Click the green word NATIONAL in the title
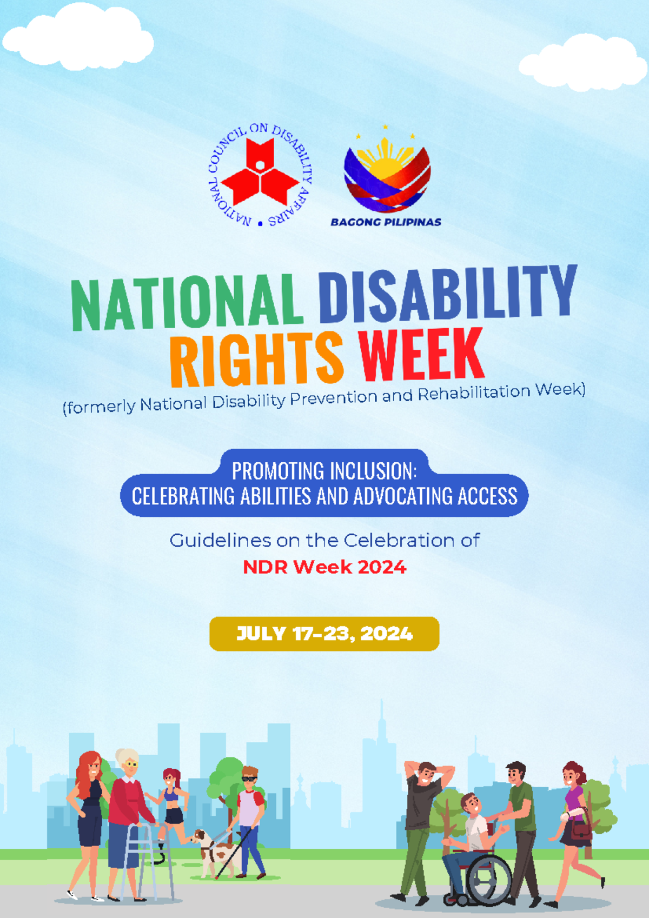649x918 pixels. (x=187, y=303)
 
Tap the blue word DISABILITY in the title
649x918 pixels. (x=446, y=295)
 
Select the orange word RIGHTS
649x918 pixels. (x=256, y=359)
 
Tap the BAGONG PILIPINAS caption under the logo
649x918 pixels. (x=386, y=222)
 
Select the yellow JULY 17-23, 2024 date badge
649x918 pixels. (x=324, y=634)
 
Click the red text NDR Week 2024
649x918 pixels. (x=324, y=567)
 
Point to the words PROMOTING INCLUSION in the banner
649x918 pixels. (x=324, y=471)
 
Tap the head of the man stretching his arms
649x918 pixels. (x=426, y=774)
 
